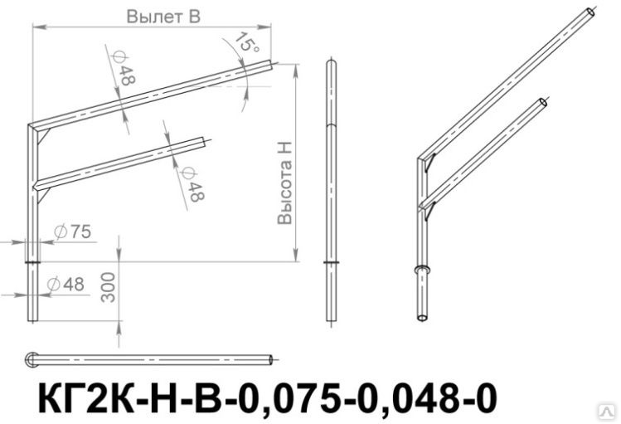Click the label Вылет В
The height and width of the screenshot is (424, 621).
pyautogui.click(x=163, y=17)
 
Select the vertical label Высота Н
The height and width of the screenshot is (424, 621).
pyautogui.click(x=284, y=183)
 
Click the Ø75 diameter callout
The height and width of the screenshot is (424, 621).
pyautogui.click(x=73, y=231)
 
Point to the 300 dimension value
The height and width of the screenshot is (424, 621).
pyautogui.click(x=108, y=287)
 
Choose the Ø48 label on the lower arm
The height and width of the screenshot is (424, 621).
pyautogui.click(x=192, y=184)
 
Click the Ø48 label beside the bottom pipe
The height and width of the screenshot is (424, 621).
pyautogui.click(x=65, y=284)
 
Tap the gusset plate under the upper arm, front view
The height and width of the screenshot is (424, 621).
pyautogui.click(x=43, y=136)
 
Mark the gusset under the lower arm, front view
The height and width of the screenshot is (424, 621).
pyautogui.click(x=43, y=195)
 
